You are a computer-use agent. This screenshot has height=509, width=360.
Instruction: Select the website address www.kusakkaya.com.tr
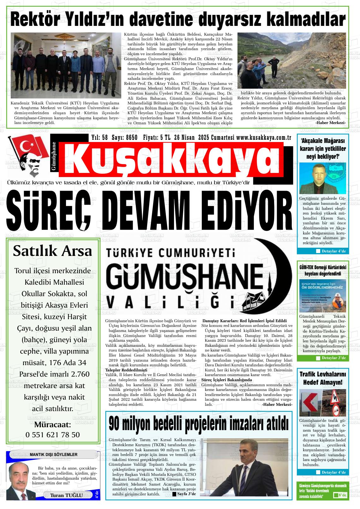pyautogui.click(x=263, y=138)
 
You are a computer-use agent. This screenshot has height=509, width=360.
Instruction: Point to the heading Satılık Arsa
pyautogui.click(x=52, y=251)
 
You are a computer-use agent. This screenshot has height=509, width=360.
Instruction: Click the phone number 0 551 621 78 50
pyautogui.click(x=52, y=435)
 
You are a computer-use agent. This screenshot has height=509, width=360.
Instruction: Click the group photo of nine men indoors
pyautogui.click(x=66, y=66)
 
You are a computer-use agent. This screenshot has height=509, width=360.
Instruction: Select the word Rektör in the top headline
pyautogui.click(x=37, y=20)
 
